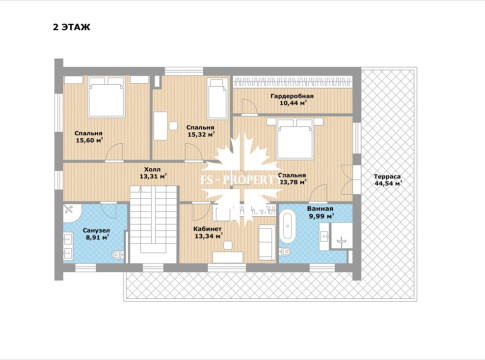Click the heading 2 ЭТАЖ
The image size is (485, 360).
pyautogui.click(x=71, y=27)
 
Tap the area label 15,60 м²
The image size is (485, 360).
pyautogui.click(x=89, y=140)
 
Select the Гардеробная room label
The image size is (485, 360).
pyautogui.click(x=292, y=96)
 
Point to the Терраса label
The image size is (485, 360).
pyautogui.click(x=387, y=176)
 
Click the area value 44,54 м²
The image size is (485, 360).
pyautogui.click(x=388, y=183)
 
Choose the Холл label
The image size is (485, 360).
pyautogui.click(x=152, y=169)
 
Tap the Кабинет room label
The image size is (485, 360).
pyautogui.click(x=207, y=229)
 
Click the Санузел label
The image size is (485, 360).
pyautogui.click(x=96, y=230)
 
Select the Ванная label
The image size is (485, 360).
pyautogui.click(x=320, y=209)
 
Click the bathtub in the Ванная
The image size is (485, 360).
pyautogui.click(x=287, y=227)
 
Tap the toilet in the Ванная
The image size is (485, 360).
pyautogui.click(x=285, y=251)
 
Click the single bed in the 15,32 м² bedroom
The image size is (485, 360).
pyautogui.click(x=217, y=98)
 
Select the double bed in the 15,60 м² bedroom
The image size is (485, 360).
pyautogui.click(x=106, y=97)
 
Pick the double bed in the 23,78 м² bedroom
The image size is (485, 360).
pyautogui.click(x=295, y=139)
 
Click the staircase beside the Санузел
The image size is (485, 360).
pyautogui.click(x=153, y=224)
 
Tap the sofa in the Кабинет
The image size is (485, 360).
pyautogui.click(x=267, y=242)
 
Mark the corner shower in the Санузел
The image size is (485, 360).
pyautogui.click(x=72, y=213)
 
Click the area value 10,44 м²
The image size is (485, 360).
pyautogui.click(x=293, y=103)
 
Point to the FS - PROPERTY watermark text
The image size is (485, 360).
pyautogui.click(x=242, y=180)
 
